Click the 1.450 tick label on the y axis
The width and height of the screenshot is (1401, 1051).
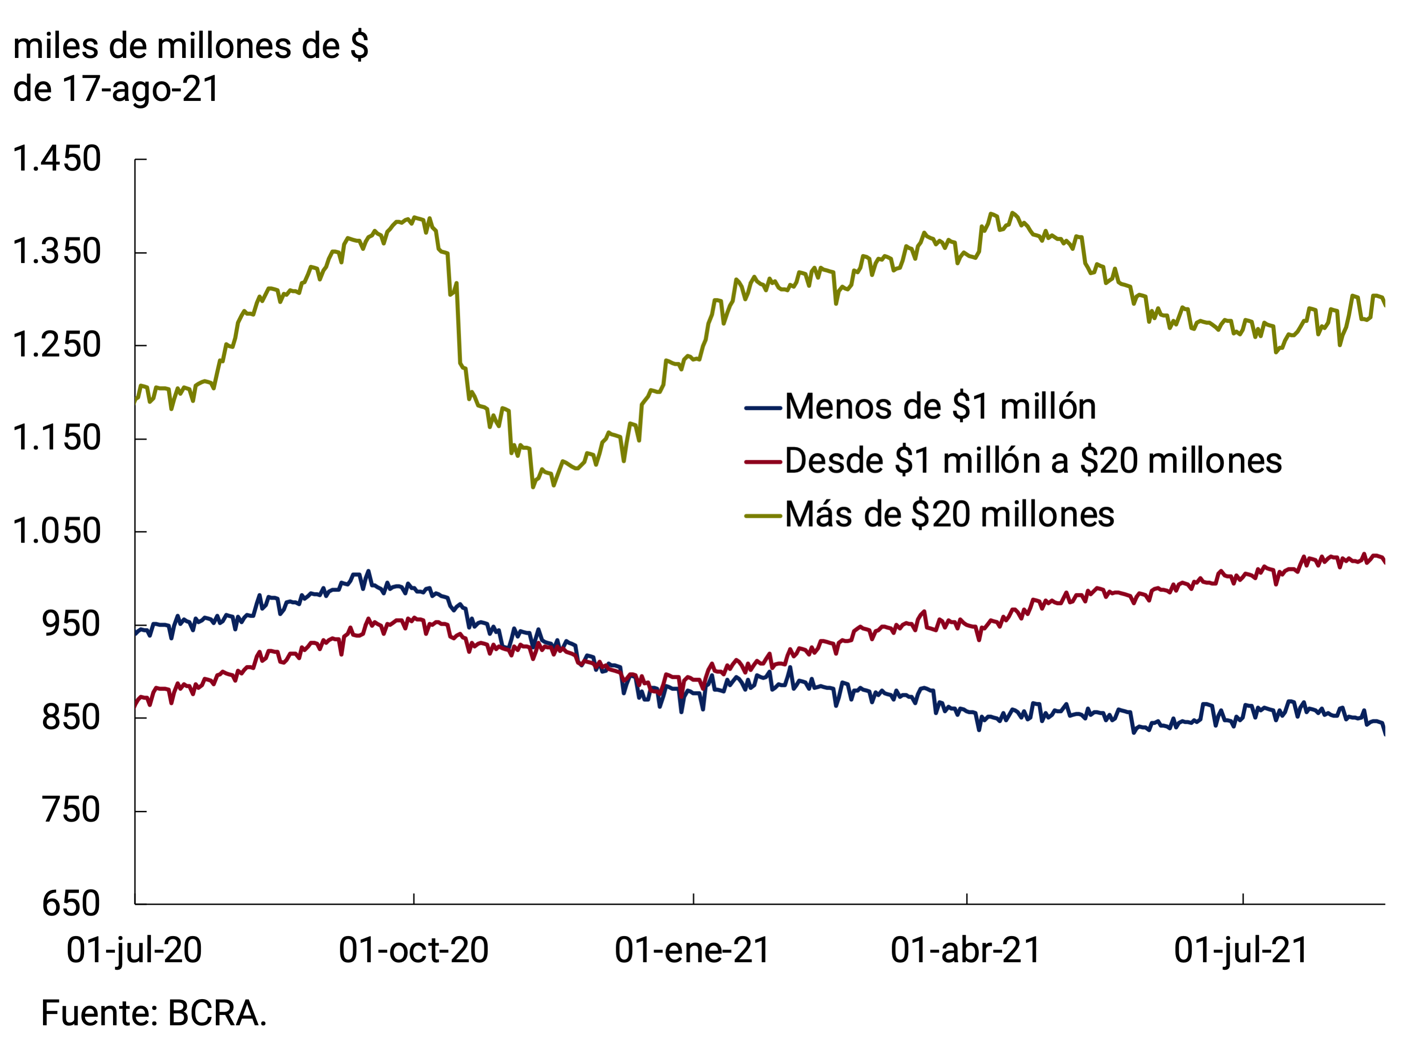coord(57,159)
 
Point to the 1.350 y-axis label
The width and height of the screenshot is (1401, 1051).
coord(57,252)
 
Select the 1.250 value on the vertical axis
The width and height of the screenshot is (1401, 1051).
coord(57,345)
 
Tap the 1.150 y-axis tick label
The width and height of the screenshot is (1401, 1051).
coord(57,438)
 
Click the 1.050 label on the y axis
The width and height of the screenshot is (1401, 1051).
coord(57,531)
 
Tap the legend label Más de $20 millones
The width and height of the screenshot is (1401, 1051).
coord(949,515)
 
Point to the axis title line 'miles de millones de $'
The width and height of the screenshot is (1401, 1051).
coord(191,46)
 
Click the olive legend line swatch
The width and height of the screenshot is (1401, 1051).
coord(763,515)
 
